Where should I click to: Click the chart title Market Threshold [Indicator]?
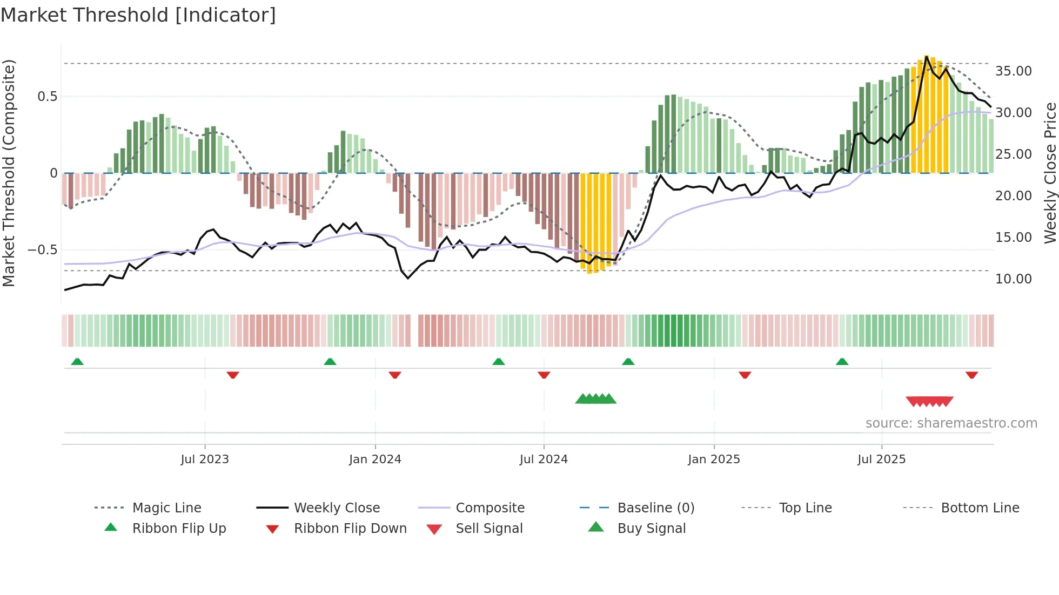click(138, 15)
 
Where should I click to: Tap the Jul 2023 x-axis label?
click(205, 459)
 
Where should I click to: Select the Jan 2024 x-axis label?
click(375, 459)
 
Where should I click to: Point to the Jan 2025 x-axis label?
click(714, 459)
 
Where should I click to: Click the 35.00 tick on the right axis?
click(1013, 71)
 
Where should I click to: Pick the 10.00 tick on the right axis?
click(1013, 279)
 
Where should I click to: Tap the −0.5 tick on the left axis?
click(42, 250)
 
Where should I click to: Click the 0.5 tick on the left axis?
click(47, 97)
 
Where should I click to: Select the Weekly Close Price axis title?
click(1050, 173)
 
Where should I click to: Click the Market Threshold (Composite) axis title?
click(9, 173)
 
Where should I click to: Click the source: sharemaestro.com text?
click(951, 423)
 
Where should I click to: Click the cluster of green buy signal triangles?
click(595, 399)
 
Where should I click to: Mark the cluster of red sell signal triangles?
click(929, 402)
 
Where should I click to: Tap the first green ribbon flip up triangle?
click(77, 362)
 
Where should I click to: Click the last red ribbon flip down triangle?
click(971, 375)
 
